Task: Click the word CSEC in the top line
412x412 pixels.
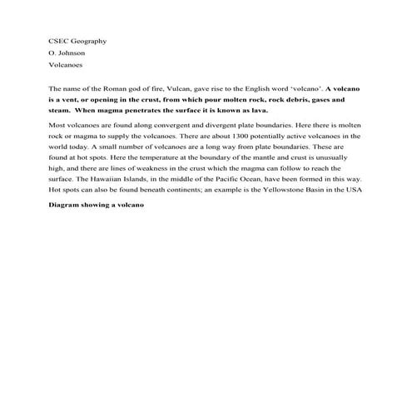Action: [x=58, y=41]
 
